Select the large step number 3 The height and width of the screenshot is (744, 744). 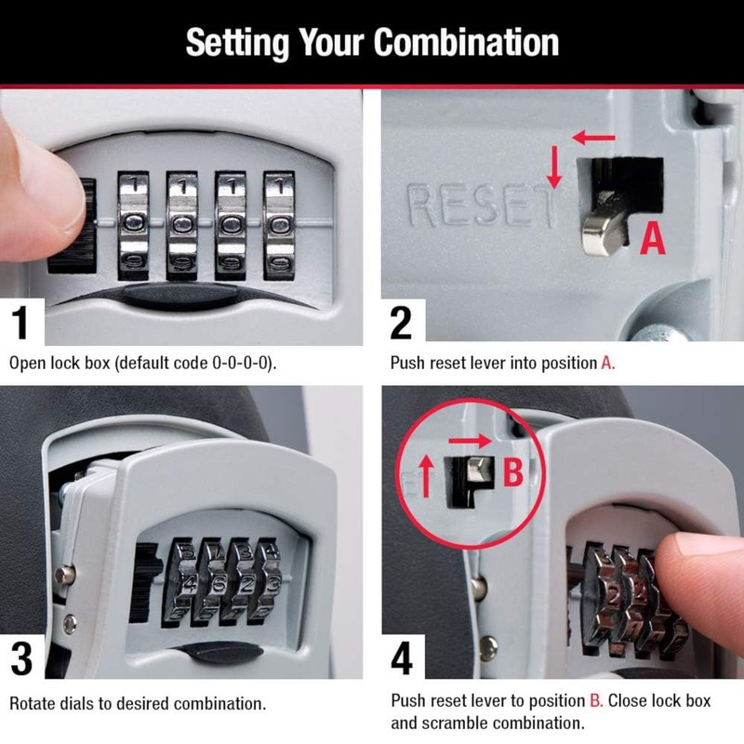(24, 657)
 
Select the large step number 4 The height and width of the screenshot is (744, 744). (401, 657)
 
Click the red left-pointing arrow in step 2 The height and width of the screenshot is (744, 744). (592, 139)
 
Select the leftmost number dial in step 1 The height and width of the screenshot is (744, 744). (134, 225)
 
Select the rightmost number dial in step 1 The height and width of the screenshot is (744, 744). (279, 225)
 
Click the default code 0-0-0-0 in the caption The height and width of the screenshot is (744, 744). (232, 363)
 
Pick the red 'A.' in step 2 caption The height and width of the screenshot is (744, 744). (607, 363)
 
